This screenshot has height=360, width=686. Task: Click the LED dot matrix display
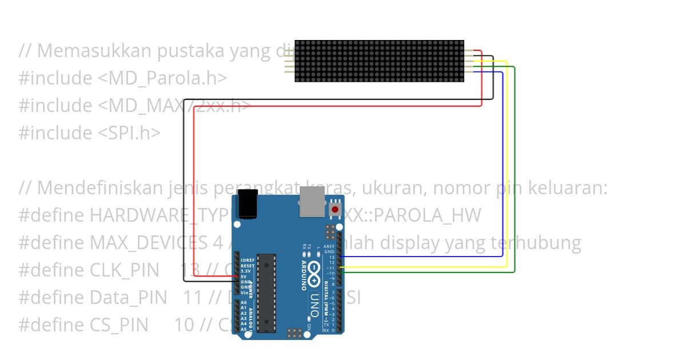click(379, 61)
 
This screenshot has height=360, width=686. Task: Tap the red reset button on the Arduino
click(335, 210)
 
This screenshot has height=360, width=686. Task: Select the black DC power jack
click(247, 205)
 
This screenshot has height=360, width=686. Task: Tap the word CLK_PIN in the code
click(125, 270)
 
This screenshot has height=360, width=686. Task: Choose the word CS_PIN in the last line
click(119, 325)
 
